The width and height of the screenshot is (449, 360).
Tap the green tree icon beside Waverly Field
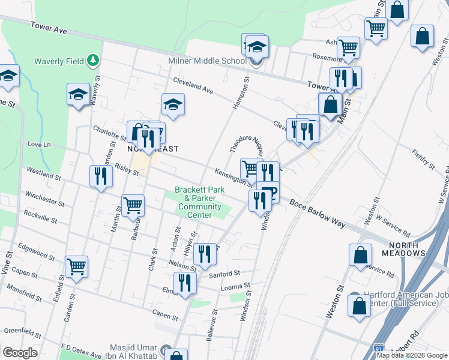click(x=92, y=60)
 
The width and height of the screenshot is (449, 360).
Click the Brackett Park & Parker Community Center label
click(x=199, y=202)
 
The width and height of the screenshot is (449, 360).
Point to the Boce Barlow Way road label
click(x=318, y=214)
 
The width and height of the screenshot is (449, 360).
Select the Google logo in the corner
click(x=20, y=353)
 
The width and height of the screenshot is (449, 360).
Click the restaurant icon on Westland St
click(x=100, y=176)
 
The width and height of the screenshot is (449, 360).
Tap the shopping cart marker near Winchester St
click(x=133, y=205)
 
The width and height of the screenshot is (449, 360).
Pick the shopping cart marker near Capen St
click(x=77, y=266)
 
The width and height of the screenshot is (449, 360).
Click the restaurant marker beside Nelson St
click(x=205, y=254)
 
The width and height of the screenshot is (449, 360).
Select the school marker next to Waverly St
click(x=78, y=95)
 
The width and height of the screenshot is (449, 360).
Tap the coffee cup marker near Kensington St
click(x=269, y=192)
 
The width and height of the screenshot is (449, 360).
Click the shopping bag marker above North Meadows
click(x=360, y=254)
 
